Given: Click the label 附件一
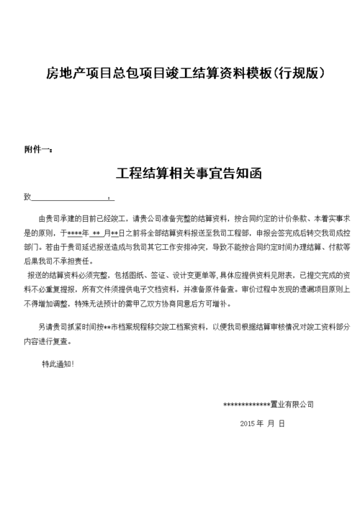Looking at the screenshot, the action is (x=37, y=150).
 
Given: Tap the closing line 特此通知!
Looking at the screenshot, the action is (x=58, y=364).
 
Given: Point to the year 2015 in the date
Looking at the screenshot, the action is (x=247, y=424).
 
